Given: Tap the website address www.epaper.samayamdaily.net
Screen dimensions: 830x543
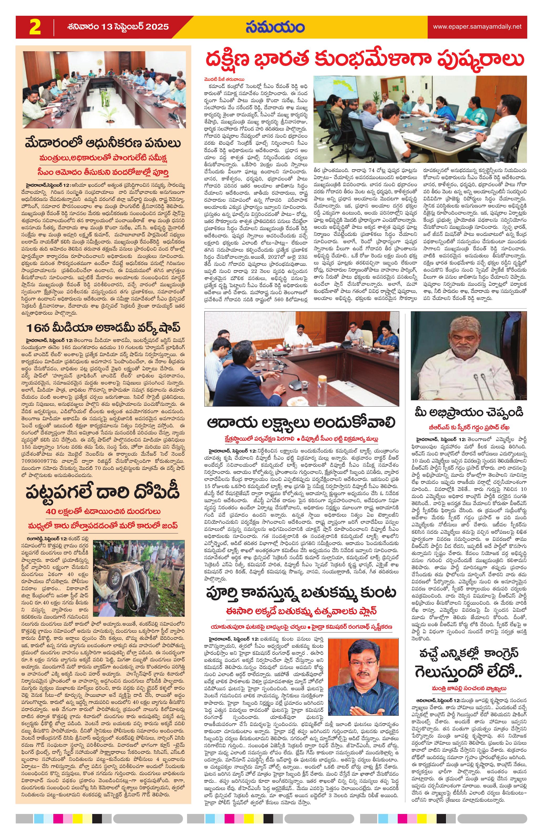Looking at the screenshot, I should pyautogui.click(x=477, y=27).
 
